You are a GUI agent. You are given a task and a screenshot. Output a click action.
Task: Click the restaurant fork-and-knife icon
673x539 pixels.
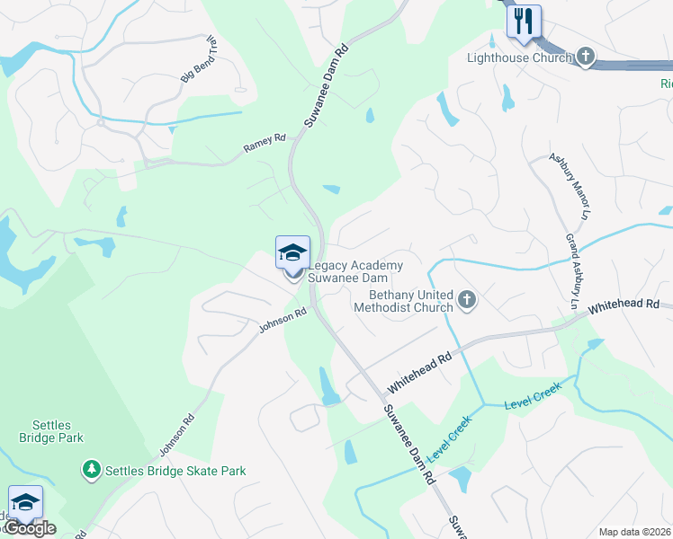coord(524,20)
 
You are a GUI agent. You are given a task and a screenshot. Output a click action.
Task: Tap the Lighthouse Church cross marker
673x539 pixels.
coord(585,57)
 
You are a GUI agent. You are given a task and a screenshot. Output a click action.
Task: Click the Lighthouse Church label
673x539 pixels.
coord(519,58)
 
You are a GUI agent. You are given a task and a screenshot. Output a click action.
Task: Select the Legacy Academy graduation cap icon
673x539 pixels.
coord(293,253)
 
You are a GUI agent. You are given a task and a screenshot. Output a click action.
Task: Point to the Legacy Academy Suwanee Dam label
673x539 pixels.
coord(355,271)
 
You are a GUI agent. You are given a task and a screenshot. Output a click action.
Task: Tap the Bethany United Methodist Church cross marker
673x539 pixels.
coord(466,300)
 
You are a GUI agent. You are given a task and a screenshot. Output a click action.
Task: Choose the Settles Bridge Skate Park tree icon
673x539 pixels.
coord(91,470)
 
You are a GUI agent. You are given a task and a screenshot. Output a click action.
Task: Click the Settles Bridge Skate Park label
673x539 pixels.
coord(175,471)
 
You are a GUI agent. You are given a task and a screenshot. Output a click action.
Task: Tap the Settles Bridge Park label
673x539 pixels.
coord(51,431)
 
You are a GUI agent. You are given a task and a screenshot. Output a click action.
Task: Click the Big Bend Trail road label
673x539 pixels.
coord(200,60)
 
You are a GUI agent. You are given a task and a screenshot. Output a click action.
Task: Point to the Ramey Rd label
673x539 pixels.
coord(265,142)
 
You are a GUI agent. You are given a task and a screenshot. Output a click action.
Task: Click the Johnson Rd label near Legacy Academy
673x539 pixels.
coord(283,320)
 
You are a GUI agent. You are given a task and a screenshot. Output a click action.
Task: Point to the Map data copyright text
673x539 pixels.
coord(634,532)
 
